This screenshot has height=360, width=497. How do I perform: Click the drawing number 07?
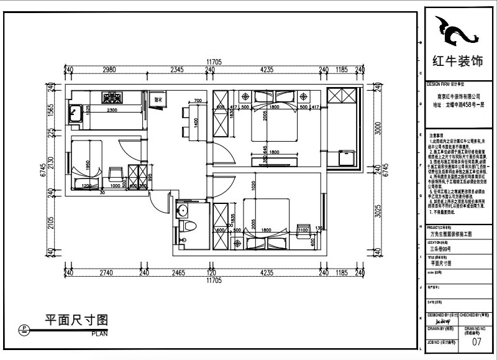point(476,341)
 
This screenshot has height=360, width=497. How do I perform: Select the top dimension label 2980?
point(109,70)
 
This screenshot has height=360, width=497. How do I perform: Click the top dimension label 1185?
point(342,70)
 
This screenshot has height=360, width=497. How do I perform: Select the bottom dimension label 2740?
point(106,273)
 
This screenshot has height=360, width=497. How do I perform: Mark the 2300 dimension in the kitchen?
point(113,111)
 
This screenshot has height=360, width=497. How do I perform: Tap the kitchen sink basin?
point(77,114)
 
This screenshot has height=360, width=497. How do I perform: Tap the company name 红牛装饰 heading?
point(457,62)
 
